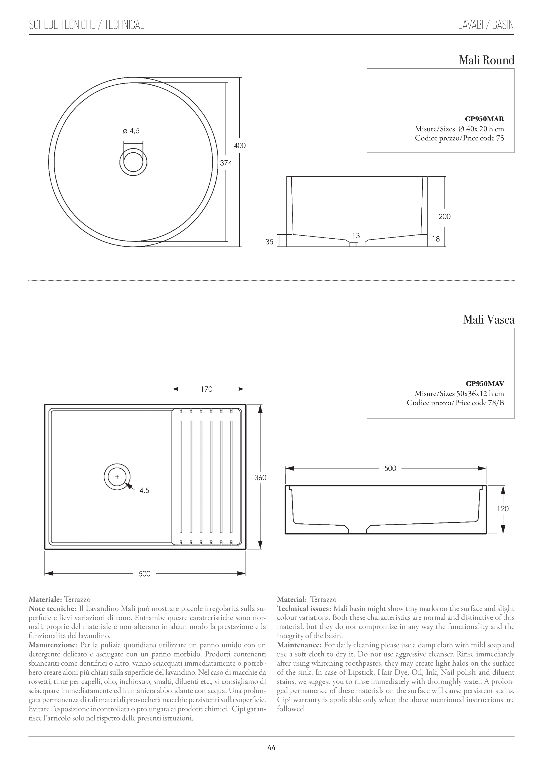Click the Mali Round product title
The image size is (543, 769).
pos(486,61)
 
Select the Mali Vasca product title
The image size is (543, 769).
pos(488,320)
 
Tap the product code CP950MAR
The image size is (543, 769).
pos(485,119)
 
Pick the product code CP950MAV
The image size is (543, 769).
pos(485,384)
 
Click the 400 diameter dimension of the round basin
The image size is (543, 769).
pos(240,146)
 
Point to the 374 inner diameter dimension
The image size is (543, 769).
pos(226,163)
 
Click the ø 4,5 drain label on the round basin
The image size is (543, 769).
pos(131,131)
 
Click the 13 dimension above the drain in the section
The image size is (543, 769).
pos(356,236)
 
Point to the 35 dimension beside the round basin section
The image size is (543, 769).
pos(269,241)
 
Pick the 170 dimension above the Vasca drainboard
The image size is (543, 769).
pos(207,389)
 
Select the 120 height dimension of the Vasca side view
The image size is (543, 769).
pos(503,509)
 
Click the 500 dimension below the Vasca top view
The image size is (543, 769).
pos(145,574)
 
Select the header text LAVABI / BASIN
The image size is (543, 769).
pos(486,25)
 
